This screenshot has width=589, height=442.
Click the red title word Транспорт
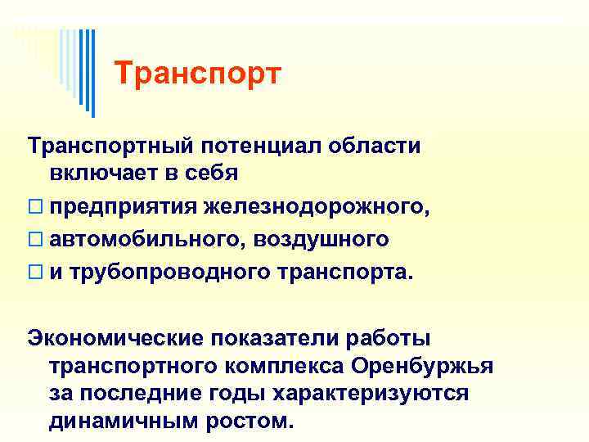coord(198,74)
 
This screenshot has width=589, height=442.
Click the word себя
coord(208,174)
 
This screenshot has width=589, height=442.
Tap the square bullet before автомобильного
coord(34,240)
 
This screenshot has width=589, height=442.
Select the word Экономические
coord(116,336)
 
